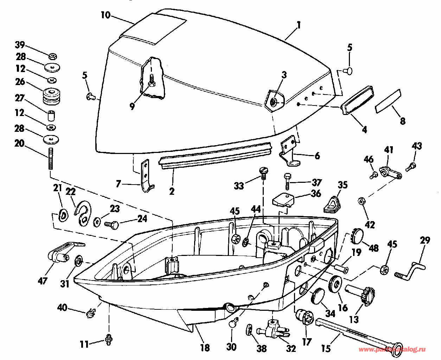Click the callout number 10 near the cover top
coord(105,15)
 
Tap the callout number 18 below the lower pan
coord(205,348)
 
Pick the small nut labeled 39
coord(53,56)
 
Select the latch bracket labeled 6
coord(290,151)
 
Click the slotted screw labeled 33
coord(263,171)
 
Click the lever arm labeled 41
coord(391,173)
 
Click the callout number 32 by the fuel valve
coord(290,348)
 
